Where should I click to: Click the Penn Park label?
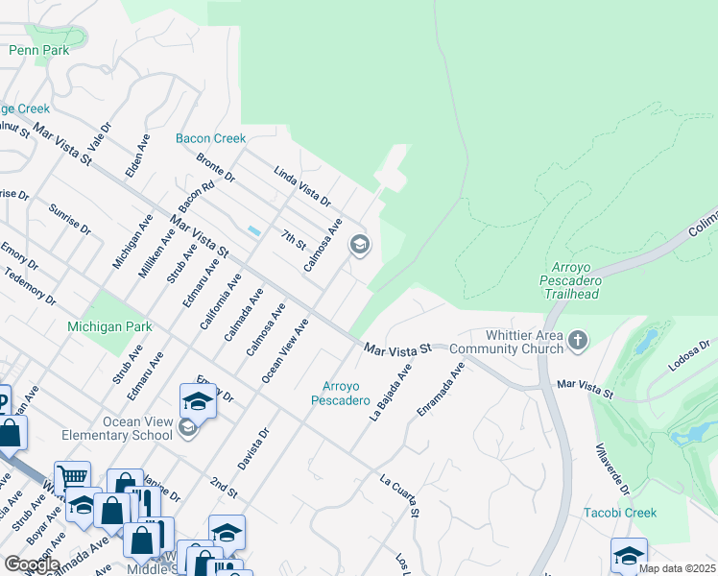(x=39, y=50)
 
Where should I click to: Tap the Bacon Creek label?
(x=211, y=138)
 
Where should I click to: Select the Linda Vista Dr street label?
(x=302, y=187)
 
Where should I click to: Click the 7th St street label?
(x=293, y=240)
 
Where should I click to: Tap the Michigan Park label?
(x=109, y=326)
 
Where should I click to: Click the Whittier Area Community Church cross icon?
(x=578, y=339)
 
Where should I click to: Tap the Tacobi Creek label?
(x=620, y=513)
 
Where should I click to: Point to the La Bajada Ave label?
(x=391, y=392)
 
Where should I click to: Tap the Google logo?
(x=31, y=564)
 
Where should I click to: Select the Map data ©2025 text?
(x=676, y=568)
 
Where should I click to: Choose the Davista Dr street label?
(x=254, y=447)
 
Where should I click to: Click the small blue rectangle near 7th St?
(x=253, y=231)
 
